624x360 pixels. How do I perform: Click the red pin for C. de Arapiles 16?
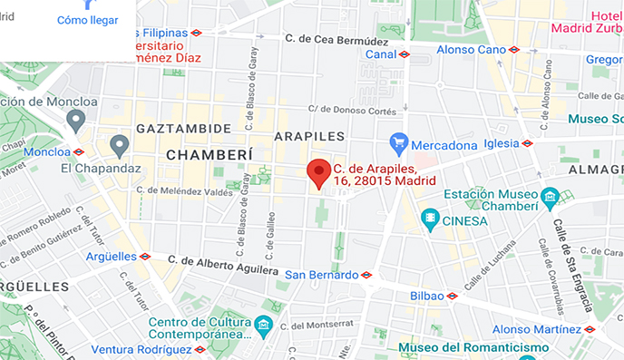coord(317,171)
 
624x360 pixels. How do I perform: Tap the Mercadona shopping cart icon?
coord(398,143)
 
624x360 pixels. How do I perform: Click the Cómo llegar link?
coord(87,20)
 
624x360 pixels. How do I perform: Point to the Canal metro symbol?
coord(404,54)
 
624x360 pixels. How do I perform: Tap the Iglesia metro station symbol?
coord(527,142)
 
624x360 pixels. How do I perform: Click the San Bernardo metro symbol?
coord(366,275)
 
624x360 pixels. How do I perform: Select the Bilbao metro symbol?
coord(452,296)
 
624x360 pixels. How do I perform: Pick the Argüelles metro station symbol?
coord(144,257)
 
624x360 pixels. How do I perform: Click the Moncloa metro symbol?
coord(79,151)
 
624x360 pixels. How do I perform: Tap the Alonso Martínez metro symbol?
coord(589,329)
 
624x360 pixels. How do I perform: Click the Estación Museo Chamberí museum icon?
coord(549,196)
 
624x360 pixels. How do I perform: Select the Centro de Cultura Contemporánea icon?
coord(263,324)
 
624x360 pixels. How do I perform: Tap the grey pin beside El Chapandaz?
coord(119,145)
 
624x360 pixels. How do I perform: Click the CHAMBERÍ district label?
coord(209,155)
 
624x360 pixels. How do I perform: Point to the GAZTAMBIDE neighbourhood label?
coord(183,129)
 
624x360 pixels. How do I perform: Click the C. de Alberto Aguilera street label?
coord(224,264)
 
